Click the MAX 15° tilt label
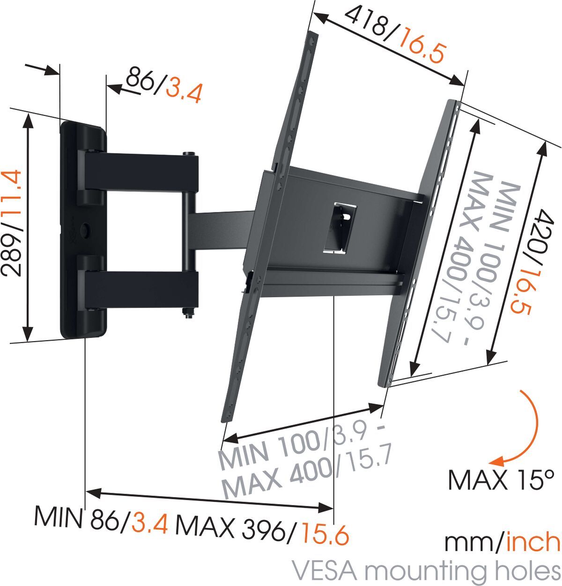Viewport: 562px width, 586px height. (x=501, y=480)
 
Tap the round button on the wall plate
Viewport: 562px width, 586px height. (x=87, y=230)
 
